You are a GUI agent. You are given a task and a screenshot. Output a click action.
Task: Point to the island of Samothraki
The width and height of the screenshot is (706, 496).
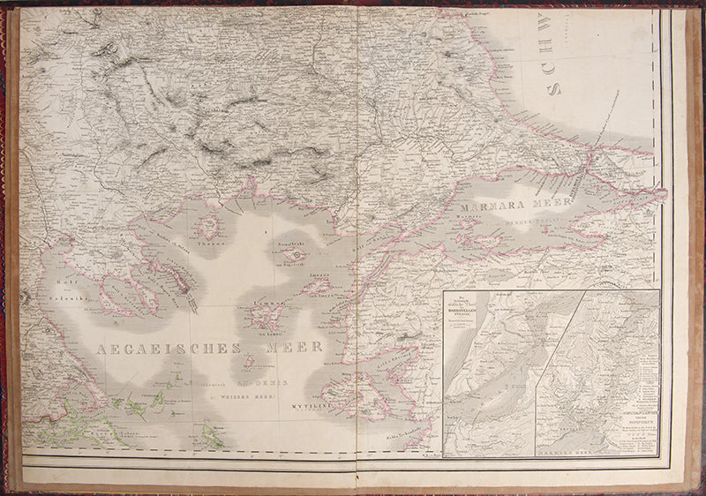(x=295, y=254)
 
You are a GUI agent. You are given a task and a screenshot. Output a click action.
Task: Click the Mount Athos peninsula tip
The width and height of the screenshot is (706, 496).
(x=193, y=304)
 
